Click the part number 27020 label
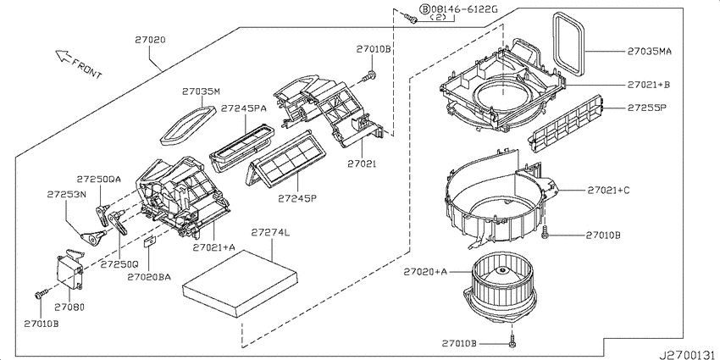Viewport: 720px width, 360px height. point(150,41)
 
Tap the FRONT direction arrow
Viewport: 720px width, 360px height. point(63,57)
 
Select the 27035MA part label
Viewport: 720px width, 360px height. point(650,52)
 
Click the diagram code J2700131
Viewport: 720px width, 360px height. point(689,355)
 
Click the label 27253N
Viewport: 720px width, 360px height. point(67,195)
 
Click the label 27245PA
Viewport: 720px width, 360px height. point(243,108)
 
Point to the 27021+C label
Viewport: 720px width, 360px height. point(608,190)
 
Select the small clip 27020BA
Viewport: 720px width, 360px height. point(149,241)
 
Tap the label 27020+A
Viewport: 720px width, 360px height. point(425,272)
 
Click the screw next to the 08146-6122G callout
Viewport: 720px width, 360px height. point(411,18)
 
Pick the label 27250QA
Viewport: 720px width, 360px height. point(99,180)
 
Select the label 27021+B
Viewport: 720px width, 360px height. point(648,85)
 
